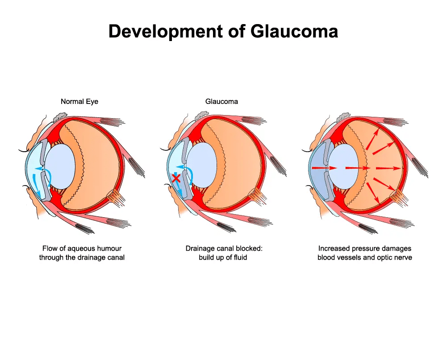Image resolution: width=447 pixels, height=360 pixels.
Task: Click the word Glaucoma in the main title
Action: (294, 31)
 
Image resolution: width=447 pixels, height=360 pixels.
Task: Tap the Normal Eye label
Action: (79, 102)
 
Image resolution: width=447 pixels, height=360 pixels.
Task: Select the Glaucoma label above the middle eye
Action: (221, 101)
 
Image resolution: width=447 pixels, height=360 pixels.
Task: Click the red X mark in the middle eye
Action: (176, 178)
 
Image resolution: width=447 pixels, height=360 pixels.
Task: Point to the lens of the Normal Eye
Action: (60, 166)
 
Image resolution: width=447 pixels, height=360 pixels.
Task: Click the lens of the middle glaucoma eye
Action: (202, 165)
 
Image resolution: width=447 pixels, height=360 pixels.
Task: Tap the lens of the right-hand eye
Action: (343, 166)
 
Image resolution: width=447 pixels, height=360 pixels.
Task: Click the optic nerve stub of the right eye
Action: (401, 197)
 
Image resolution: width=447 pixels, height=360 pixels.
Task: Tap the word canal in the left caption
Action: (116, 257)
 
